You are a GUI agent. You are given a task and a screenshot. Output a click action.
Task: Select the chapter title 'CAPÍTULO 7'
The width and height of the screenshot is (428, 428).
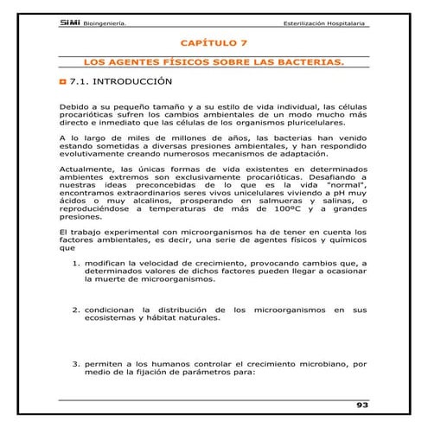[x=214, y=42]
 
